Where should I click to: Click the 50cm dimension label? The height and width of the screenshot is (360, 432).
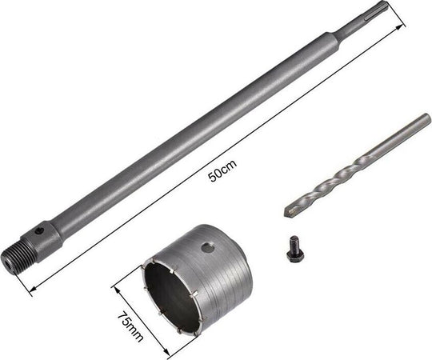(x=222, y=171)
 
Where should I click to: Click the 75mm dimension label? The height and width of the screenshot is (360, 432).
(x=130, y=326)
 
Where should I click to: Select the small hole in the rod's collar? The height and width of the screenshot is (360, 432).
(x=41, y=230)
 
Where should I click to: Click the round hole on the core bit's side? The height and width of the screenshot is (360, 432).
(x=207, y=247)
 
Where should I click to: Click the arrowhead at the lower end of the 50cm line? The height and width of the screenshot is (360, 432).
(x=34, y=289)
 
